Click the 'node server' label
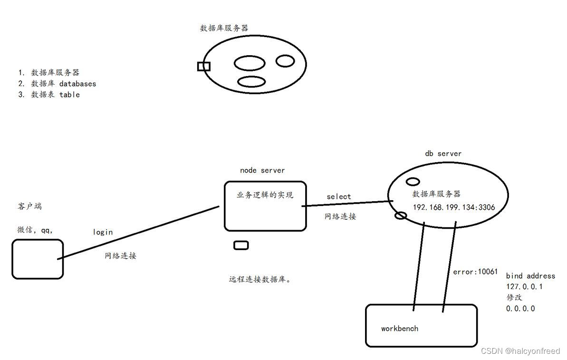coord(262,170)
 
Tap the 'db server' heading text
coord(443,154)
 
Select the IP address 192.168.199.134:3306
coord(454,207)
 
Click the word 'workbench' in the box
coord(400,329)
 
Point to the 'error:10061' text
coord(475,272)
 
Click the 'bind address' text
coord(530,276)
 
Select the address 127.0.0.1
coord(524,287)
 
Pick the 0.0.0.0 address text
coord(520,309)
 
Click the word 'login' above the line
coord(103,232)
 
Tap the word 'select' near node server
coord(339,196)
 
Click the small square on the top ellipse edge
coord(204,66)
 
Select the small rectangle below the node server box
coord(241,245)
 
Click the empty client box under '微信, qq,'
coord(38,259)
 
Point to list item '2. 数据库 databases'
coord(57,84)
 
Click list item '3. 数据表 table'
coord(49,95)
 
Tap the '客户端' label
coord(29,206)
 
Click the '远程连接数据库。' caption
coord(260,280)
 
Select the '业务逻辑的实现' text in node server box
coord(265,195)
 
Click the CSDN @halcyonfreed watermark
coord(520,351)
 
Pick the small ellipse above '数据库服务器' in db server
coord(413,182)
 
